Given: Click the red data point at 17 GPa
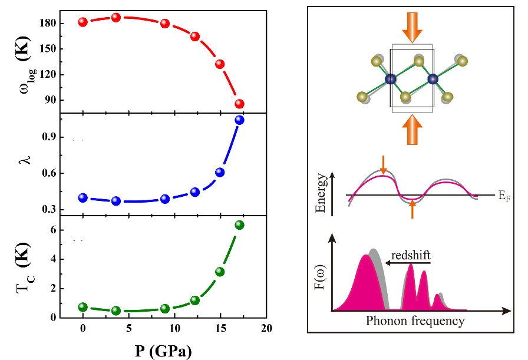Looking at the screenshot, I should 239,104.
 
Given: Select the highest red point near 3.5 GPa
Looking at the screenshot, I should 116,17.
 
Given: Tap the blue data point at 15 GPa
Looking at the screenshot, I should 220,172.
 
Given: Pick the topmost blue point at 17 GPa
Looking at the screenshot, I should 239,120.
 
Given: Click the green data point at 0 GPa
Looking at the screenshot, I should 83,307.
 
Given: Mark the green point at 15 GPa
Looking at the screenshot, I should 220,272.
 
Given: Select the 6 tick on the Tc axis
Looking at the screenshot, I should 52,230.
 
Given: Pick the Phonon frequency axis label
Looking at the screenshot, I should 415,321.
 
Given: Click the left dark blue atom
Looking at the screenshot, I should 390,79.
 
